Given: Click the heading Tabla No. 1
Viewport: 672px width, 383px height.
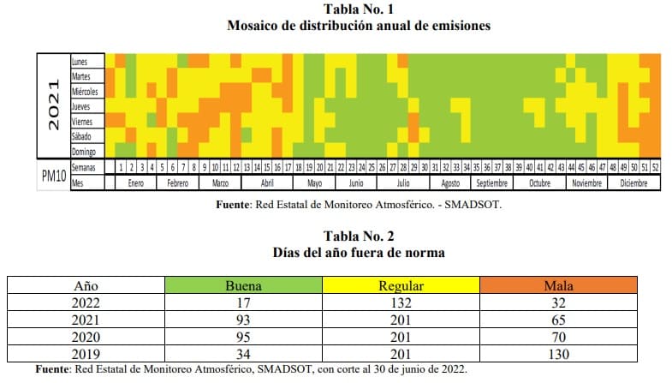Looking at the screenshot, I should pos(359,9).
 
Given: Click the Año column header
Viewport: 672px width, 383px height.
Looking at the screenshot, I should pos(86,285).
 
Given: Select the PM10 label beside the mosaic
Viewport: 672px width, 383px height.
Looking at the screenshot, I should pos(53,175).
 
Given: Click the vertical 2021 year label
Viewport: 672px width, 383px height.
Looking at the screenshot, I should pos(53,105).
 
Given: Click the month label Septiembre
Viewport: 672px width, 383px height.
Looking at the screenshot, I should pos(491,183).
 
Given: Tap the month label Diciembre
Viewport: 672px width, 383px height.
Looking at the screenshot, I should pos(634,183).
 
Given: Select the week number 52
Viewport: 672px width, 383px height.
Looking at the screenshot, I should pos(656,167).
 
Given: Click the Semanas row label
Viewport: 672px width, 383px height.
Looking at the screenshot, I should pos(84,167).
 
